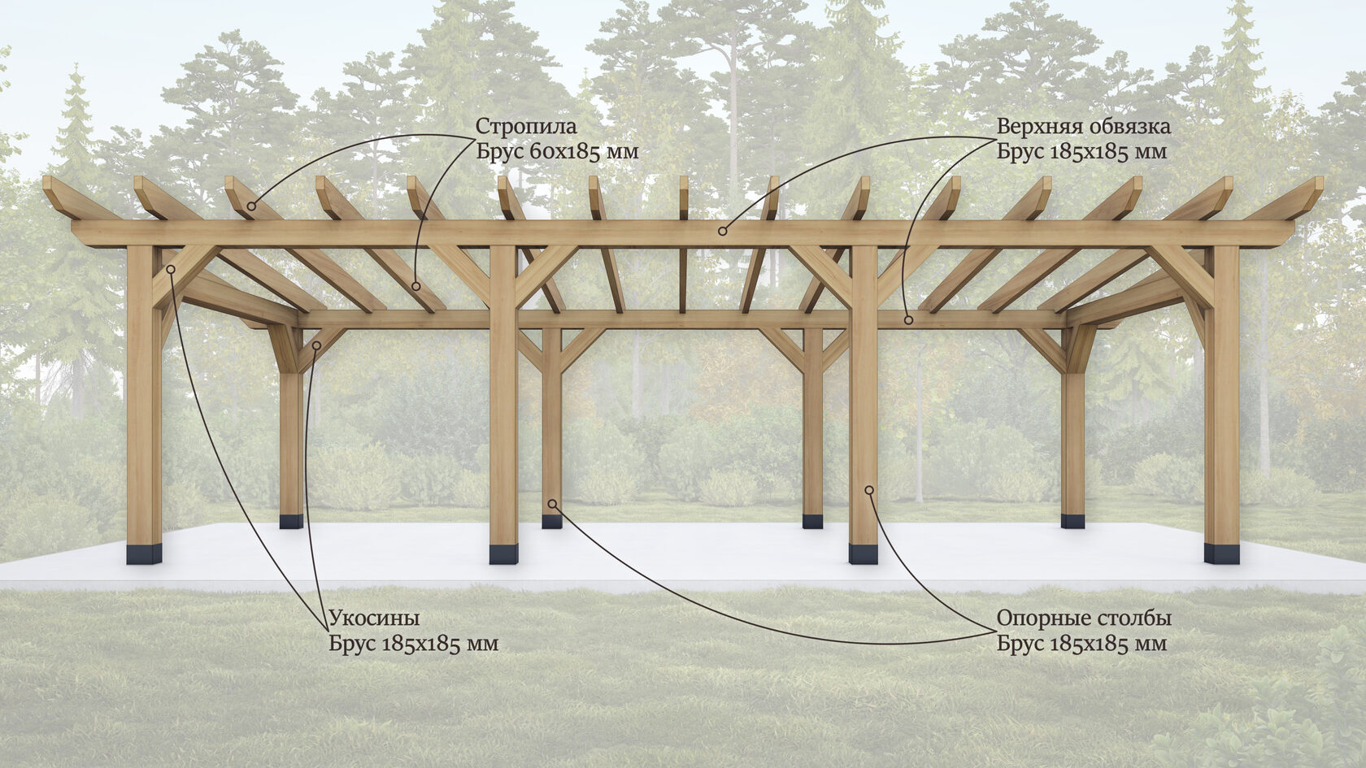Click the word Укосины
pyautogui.click(x=373, y=618)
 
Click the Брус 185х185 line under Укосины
pyautogui.click(x=413, y=644)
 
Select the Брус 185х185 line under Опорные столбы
pyautogui.click(x=1081, y=644)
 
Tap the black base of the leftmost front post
pyautogui.click(x=145, y=553)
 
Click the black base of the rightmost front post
pyautogui.click(x=1221, y=553)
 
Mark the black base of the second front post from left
pyautogui.click(x=503, y=553)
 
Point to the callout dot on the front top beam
pyautogui.click(x=722, y=232)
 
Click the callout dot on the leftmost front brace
pyautogui.click(x=171, y=270)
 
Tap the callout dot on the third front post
pyautogui.click(x=869, y=490)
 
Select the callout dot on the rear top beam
pyautogui.click(x=908, y=320)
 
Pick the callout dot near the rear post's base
pyautogui.click(x=553, y=504)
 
